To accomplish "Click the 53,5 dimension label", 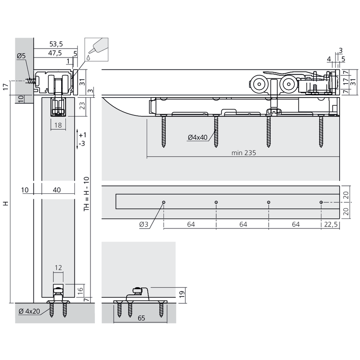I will [56, 44].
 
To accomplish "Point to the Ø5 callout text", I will [21, 56].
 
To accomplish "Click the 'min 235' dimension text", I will [244, 153].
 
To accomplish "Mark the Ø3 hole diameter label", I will [144, 224].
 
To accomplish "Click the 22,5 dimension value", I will [331, 224].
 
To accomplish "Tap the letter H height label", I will [5, 203].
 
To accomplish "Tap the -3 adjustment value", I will [82, 144].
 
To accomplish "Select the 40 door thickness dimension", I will [57, 190].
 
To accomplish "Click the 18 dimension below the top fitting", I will [58, 125].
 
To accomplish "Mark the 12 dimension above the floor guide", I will [58, 267].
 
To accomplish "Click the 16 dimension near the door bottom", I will [81, 289].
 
